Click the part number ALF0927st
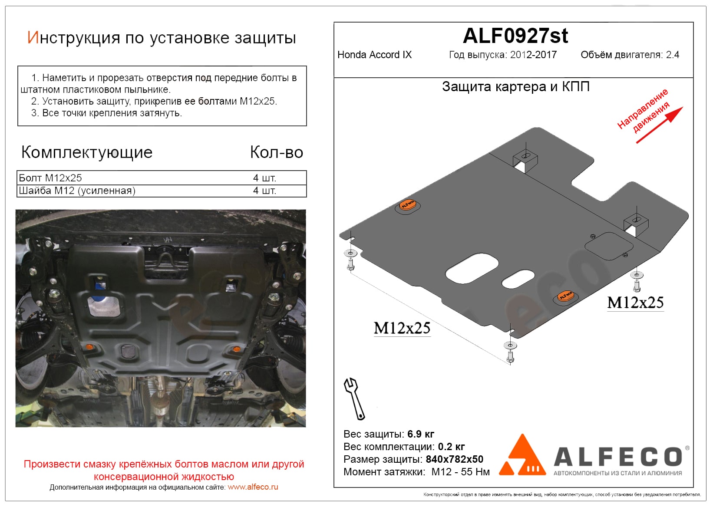pos(515,36)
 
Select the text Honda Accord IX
pos(374,55)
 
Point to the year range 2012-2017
pos(534,55)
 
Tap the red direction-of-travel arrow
pos(660,125)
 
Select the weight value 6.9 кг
pos(421,434)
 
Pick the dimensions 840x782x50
pos(454,459)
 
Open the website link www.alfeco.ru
pos(253,487)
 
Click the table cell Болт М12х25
pos(50,178)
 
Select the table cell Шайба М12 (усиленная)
pos(77,191)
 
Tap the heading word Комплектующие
pos(86,153)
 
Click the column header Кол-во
pos(276,152)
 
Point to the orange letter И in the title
pos(33,37)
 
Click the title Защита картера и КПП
pos(516,86)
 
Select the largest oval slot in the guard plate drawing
pos(472,268)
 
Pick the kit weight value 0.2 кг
pos(451,447)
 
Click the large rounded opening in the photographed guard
pos(104,306)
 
